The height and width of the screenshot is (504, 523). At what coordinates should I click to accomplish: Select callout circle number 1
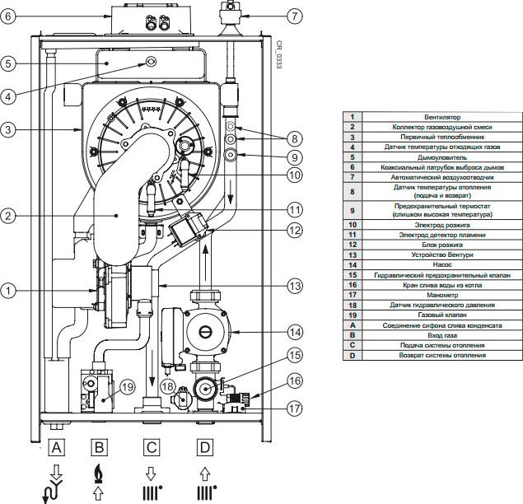(9, 290)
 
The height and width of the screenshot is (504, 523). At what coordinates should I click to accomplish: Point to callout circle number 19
(127, 385)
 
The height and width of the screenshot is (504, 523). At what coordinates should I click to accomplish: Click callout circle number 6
(9, 16)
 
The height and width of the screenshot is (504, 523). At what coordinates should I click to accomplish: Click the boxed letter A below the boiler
(56, 448)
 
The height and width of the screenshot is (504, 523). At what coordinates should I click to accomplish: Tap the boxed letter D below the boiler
(203, 448)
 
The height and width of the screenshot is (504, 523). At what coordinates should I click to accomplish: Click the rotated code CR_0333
(280, 54)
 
